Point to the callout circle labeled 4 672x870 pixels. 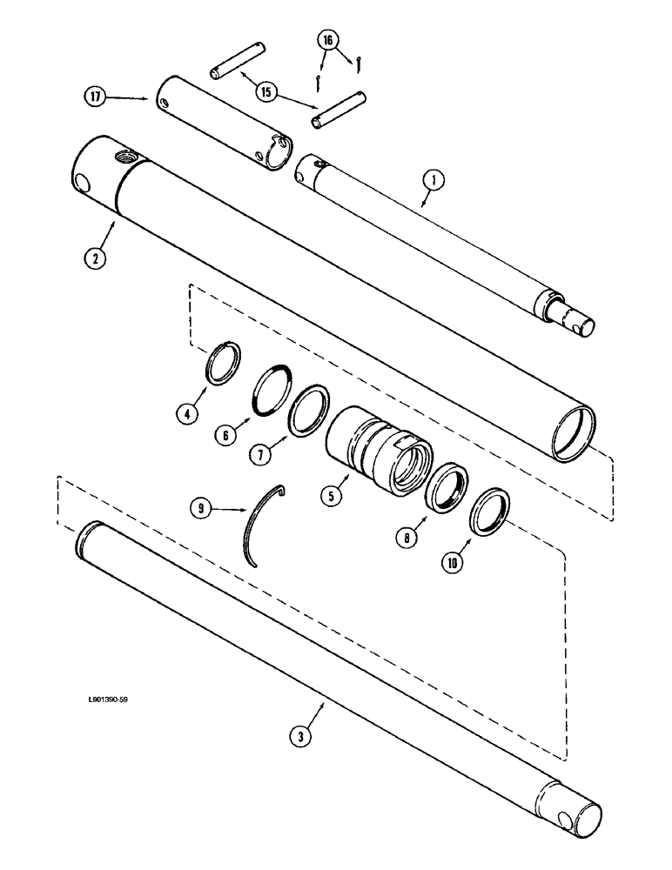[185, 414]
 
